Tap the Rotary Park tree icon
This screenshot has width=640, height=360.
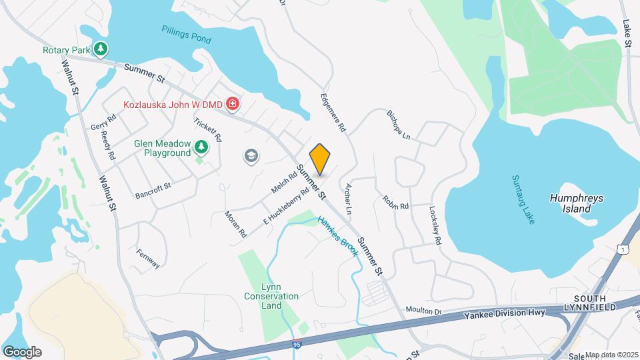point(100,49)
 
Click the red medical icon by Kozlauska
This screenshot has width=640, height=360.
point(233,104)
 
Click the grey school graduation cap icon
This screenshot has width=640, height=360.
point(251,156)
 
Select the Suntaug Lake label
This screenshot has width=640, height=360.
point(523,199)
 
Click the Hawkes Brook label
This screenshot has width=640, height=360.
point(338,237)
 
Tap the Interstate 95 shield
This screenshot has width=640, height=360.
point(296,345)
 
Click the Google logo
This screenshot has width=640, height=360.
point(22,351)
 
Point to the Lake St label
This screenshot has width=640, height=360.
point(627,33)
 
